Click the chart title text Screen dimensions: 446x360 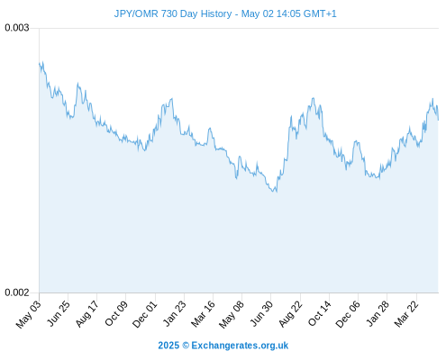pyautogui.click(x=225, y=13)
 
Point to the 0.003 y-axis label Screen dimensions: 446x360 pyautogui.click(x=17, y=28)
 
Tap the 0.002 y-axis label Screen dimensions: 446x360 pyautogui.click(x=17, y=292)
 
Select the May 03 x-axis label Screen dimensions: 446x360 pyautogui.click(x=28, y=314)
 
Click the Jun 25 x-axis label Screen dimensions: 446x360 pyautogui.click(x=59, y=313)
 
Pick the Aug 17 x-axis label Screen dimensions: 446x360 pyautogui.click(x=86, y=313)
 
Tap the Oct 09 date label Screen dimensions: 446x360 pyautogui.click(x=116, y=313)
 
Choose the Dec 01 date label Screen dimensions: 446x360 pyautogui.click(x=144, y=314)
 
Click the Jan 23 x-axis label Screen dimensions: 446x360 pyautogui.click(x=174, y=313)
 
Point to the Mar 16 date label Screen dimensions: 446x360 pyautogui.click(x=203, y=313)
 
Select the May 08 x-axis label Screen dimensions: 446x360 pyautogui.click(x=232, y=314)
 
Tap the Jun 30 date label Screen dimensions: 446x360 pyautogui.click(x=261, y=313)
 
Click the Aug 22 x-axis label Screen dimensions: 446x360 pyautogui.click(x=290, y=313)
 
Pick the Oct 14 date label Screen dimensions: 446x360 pyautogui.click(x=320, y=313)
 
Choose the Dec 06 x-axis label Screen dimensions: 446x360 pyautogui.click(x=348, y=314)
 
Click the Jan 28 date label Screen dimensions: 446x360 pyautogui.click(x=378, y=313)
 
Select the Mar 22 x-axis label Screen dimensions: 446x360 pyautogui.click(x=406, y=313)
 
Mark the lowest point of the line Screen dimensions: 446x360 pyautogui.click(x=277, y=192)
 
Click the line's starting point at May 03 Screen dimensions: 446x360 pyautogui.click(x=40, y=63)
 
